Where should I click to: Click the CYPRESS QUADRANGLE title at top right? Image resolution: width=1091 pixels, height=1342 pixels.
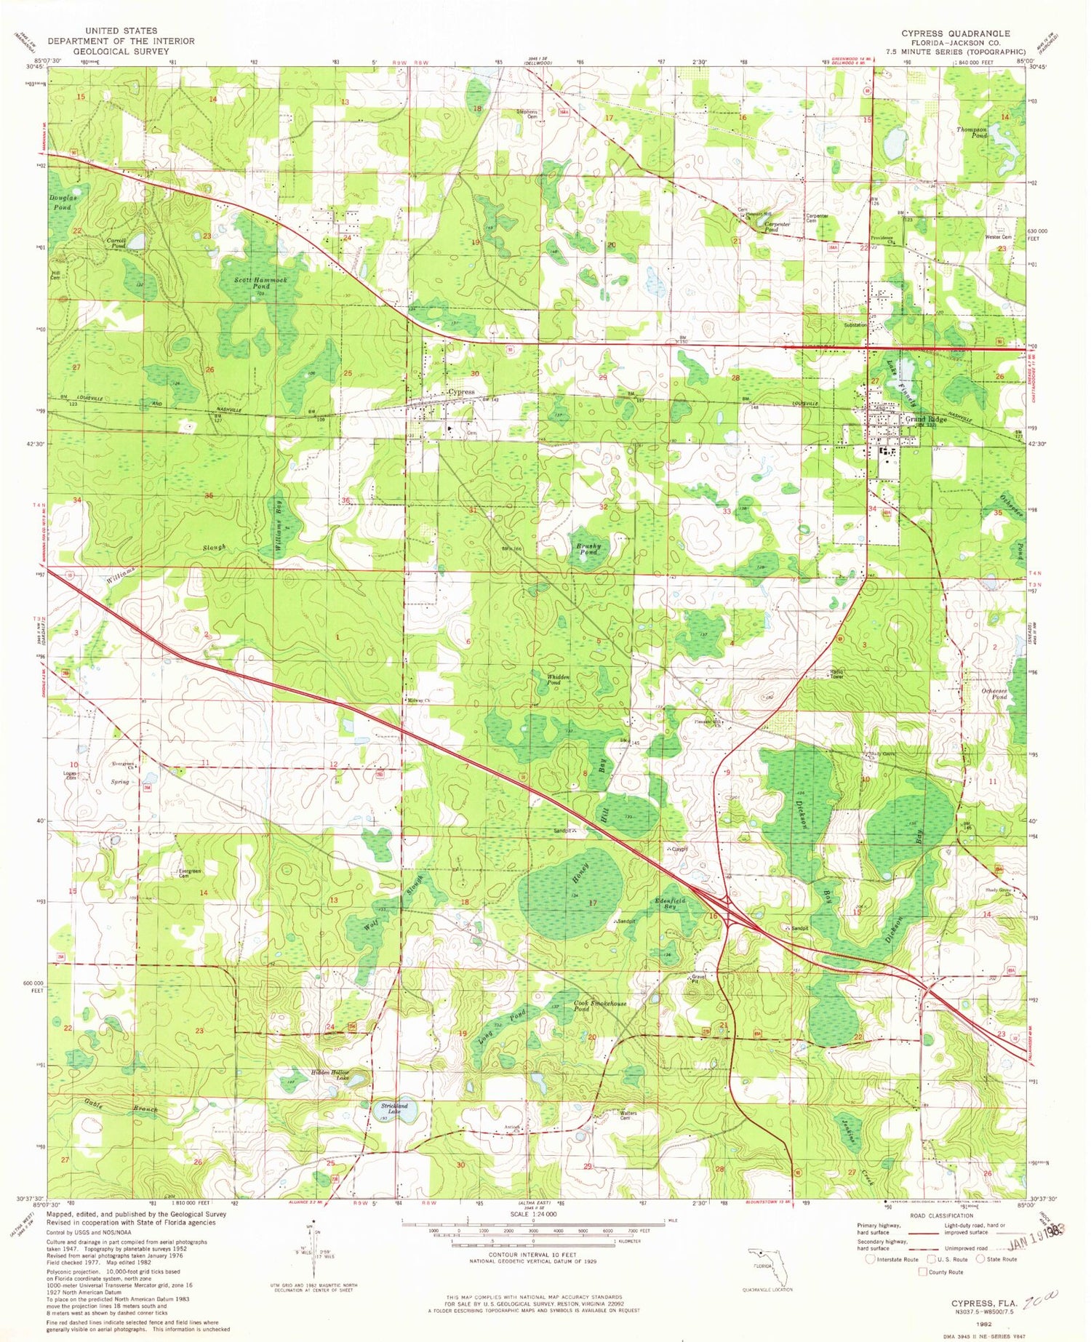(x=955, y=34)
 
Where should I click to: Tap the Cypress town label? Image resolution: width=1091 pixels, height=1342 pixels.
(x=460, y=392)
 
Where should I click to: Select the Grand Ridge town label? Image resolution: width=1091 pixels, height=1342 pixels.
(x=925, y=420)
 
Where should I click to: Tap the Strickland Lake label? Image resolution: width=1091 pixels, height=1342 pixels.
(x=393, y=1109)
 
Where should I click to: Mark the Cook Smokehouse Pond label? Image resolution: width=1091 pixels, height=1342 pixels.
(x=599, y=1006)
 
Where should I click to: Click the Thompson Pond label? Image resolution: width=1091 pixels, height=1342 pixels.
(x=972, y=132)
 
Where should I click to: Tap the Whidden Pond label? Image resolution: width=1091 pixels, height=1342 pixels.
(x=558, y=680)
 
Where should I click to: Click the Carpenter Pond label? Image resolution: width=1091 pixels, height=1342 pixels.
(x=778, y=228)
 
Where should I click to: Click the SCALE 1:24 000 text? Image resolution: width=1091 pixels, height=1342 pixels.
(x=533, y=1214)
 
